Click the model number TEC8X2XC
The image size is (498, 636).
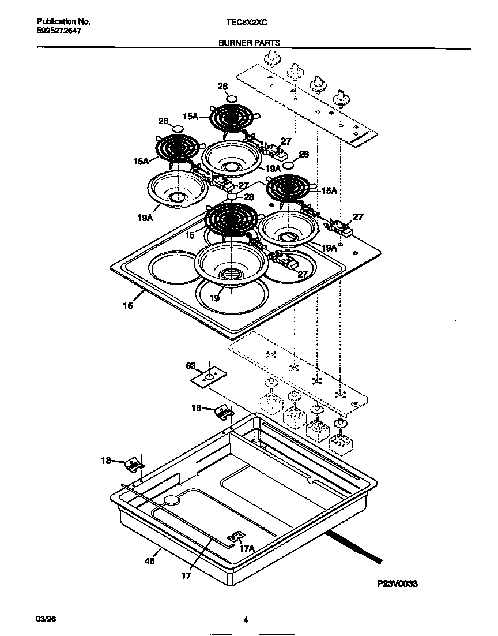[x=247, y=22]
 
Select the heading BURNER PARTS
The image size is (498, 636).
[x=249, y=43]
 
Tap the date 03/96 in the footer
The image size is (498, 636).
[x=46, y=619]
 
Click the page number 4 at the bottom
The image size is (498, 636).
[x=246, y=620]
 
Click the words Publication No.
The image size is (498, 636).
[x=59, y=22]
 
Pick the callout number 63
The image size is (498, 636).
[x=191, y=365]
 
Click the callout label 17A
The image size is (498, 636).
[x=247, y=548]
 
